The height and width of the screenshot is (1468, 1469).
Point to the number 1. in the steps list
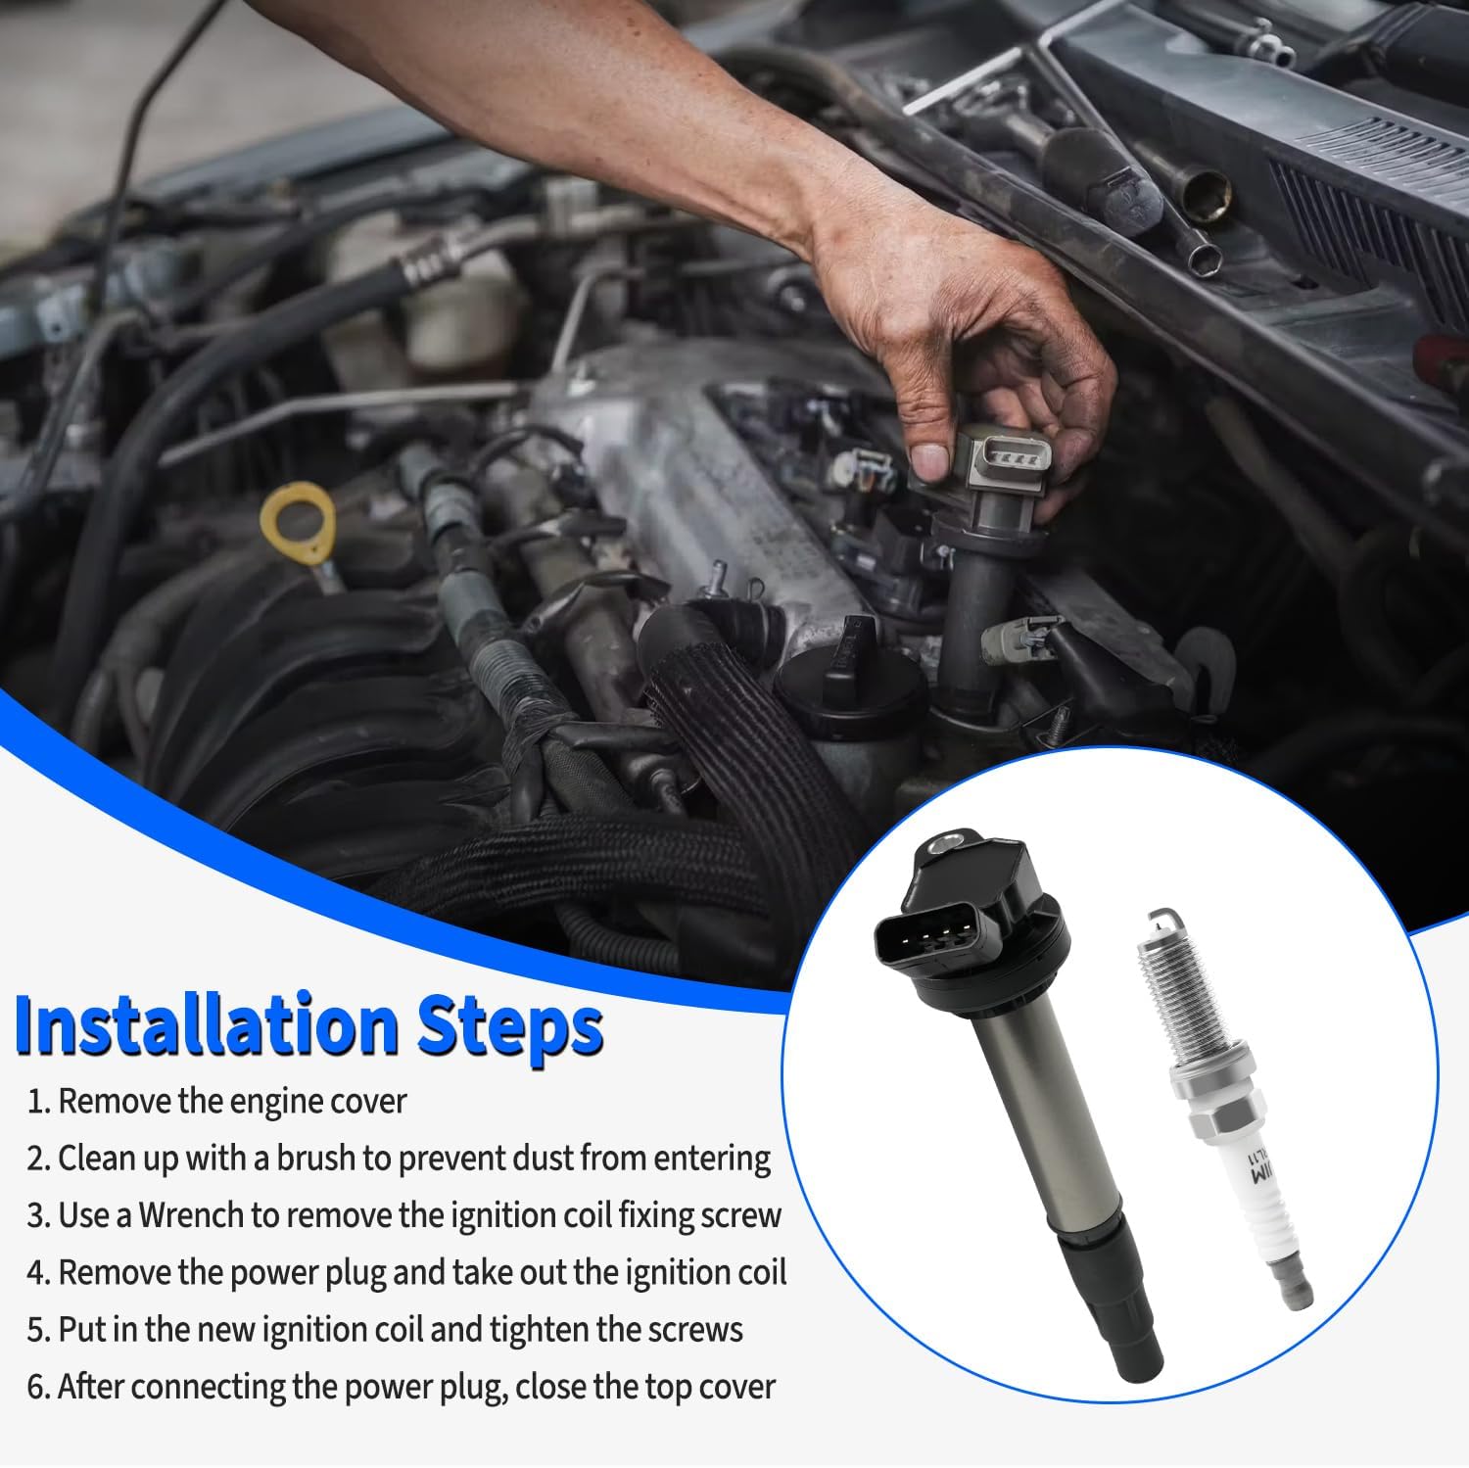pyautogui.click(x=39, y=1102)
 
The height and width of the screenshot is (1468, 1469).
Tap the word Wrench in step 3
pyautogui.click(x=191, y=1215)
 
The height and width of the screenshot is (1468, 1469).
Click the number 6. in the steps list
pyautogui.click(x=39, y=1387)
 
